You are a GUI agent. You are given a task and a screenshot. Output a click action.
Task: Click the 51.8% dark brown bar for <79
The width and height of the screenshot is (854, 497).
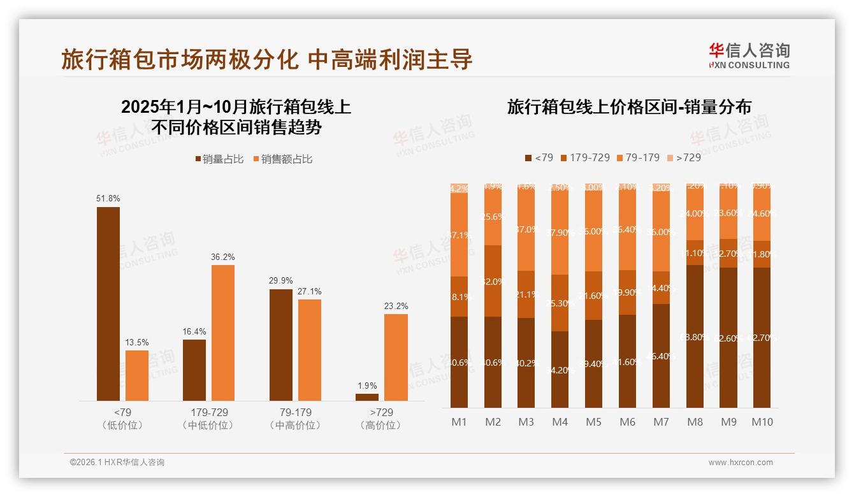click(x=108, y=304)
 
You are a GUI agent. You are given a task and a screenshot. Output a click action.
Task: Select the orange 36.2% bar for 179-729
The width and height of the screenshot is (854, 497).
click(x=223, y=333)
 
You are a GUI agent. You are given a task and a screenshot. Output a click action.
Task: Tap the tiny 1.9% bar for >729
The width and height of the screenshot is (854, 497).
click(x=367, y=397)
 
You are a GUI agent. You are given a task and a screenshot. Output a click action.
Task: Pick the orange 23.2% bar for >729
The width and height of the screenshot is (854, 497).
click(x=396, y=357)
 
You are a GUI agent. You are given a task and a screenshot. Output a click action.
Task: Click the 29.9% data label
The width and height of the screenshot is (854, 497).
click(x=281, y=280)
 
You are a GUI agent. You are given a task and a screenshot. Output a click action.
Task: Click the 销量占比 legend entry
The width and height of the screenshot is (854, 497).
click(x=219, y=159)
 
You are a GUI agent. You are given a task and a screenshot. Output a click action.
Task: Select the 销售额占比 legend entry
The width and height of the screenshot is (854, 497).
click(x=282, y=159)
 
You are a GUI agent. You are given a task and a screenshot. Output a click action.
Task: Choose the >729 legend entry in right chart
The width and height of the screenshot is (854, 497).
click(x=684, y=157)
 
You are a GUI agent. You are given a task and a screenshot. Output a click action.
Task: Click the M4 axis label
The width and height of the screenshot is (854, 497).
click(x=560, y=422)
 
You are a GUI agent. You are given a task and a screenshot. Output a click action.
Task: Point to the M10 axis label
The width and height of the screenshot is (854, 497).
click(x=762, y=422)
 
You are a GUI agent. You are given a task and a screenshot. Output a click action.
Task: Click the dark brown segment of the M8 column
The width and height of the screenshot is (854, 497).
click(x=695, y=336)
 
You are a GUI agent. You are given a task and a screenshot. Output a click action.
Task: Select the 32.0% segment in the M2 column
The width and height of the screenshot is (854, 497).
click(x=493, y=281)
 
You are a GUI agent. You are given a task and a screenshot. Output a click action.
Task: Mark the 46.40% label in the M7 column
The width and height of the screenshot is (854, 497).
click(x=661, y=356)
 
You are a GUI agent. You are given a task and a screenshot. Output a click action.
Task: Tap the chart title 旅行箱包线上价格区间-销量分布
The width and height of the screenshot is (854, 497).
click(x=628, y=106)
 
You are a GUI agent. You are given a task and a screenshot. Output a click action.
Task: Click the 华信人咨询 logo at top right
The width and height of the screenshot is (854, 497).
click(x=749, y=55)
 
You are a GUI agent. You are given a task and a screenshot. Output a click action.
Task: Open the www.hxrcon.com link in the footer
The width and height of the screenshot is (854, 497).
click(x=741, y=463)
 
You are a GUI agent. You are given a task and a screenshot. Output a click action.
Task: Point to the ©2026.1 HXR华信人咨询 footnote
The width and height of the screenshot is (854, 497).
click(x=117, y=463)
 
